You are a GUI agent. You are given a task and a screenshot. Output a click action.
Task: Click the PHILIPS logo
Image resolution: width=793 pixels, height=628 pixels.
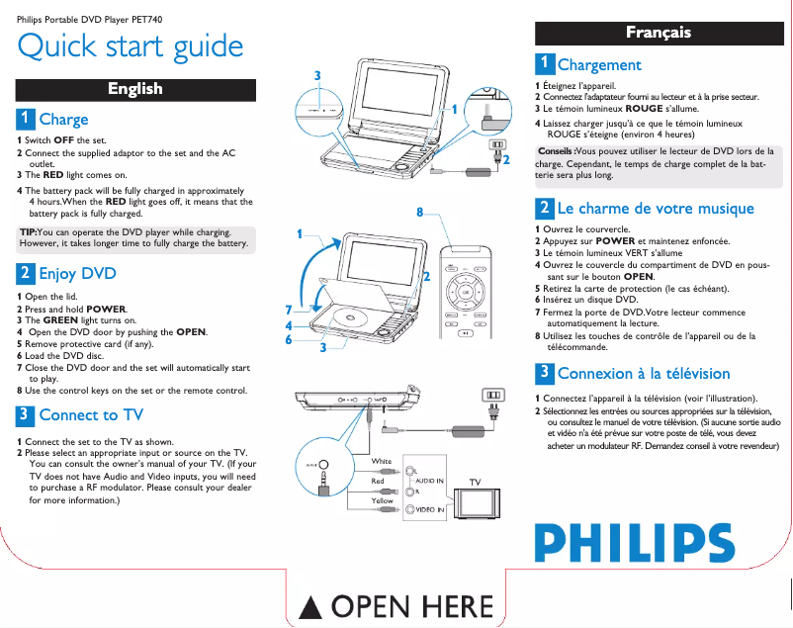coord(635,542)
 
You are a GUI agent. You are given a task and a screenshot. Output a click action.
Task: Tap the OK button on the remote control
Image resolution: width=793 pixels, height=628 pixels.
coord(465,295)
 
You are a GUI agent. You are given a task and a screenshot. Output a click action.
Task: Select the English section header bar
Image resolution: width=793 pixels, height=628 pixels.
coord(135,89)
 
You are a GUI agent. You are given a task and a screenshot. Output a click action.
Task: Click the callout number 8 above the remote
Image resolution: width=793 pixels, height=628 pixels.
coord(420,213)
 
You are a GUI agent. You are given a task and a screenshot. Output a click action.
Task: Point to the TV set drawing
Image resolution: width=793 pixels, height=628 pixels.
coord(482,501)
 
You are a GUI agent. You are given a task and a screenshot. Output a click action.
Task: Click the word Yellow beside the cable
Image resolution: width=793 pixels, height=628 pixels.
coord(383,501)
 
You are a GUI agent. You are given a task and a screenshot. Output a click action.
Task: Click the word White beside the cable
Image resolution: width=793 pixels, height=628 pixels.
coord(382,462)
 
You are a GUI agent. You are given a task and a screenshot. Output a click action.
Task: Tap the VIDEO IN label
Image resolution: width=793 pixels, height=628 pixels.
coord(428,509)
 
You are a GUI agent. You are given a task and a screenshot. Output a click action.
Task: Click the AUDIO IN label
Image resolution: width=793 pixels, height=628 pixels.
coord(429,480)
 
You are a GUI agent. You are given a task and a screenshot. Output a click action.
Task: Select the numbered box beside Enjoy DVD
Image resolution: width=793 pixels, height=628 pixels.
coord(25,273)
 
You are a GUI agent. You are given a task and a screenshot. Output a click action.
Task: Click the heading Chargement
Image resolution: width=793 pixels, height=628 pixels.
coord(599,65)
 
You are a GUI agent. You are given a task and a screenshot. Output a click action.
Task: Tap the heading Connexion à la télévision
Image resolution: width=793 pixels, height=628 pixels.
coord(644,373)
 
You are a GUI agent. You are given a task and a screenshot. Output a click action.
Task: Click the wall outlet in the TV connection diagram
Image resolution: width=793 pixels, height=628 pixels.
coord(491,397)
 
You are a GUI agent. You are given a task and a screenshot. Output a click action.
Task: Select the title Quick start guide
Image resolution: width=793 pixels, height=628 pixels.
coord(131,45)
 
